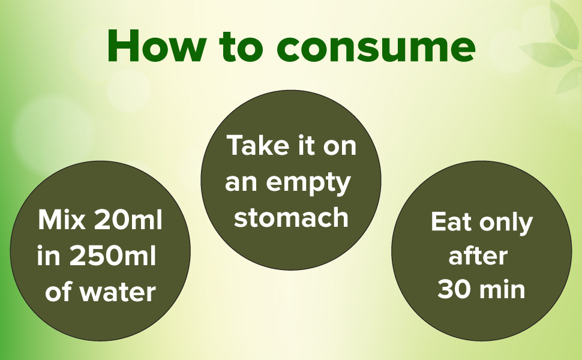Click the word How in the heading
point(157,46)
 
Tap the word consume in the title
point(376,48)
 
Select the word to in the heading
point(241,47)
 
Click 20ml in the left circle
point(128,220)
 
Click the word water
point(118,292)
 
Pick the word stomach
point(292,218)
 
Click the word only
point(506,223)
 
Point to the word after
point(478,256)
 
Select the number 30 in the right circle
point(455,289)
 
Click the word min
point(502,289)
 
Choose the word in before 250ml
point(49,256)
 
